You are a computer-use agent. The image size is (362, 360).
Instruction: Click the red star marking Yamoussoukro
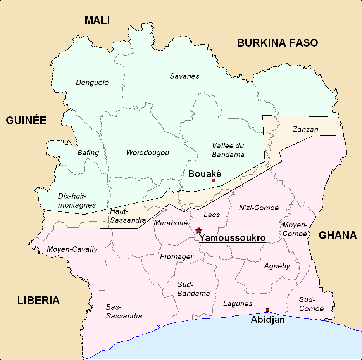(x=199, y=230)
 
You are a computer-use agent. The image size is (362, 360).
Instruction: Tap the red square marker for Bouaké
(x=213, y=180)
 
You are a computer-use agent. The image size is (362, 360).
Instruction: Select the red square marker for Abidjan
(x=267, y=310)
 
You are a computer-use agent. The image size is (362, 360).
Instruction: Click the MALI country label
(x=97, y=21)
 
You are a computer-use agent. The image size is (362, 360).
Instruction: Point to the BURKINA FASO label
(x=277, y=43)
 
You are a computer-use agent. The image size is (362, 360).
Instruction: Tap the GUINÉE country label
(x=26, y=121)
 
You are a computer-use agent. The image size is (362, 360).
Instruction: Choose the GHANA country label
(x=337, y=235)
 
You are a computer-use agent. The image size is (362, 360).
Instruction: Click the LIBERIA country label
(x=38, y=300)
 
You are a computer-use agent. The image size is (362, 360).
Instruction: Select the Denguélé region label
(x=92, y=82)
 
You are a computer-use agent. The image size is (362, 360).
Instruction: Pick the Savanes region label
(x=184, y=76)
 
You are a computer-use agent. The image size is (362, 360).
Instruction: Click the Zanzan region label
(x=305, y=129)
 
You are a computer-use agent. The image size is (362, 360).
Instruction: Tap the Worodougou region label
(x=147, y=153)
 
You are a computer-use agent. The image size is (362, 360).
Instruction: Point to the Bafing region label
(x=88, y=153)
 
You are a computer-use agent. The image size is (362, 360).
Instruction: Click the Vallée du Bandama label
(x=228, y=150)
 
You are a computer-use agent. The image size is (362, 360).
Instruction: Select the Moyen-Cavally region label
(x=72, y=249)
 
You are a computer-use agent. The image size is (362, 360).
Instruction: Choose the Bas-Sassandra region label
(x=124, y=312)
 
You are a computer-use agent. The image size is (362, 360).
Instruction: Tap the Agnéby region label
(x=277, y=266)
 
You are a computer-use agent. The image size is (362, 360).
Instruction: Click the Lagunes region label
(x=238, y=304)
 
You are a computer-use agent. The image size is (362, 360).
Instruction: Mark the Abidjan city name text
(x=268, y=320)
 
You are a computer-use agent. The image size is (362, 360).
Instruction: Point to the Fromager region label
(x=177, y=257)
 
